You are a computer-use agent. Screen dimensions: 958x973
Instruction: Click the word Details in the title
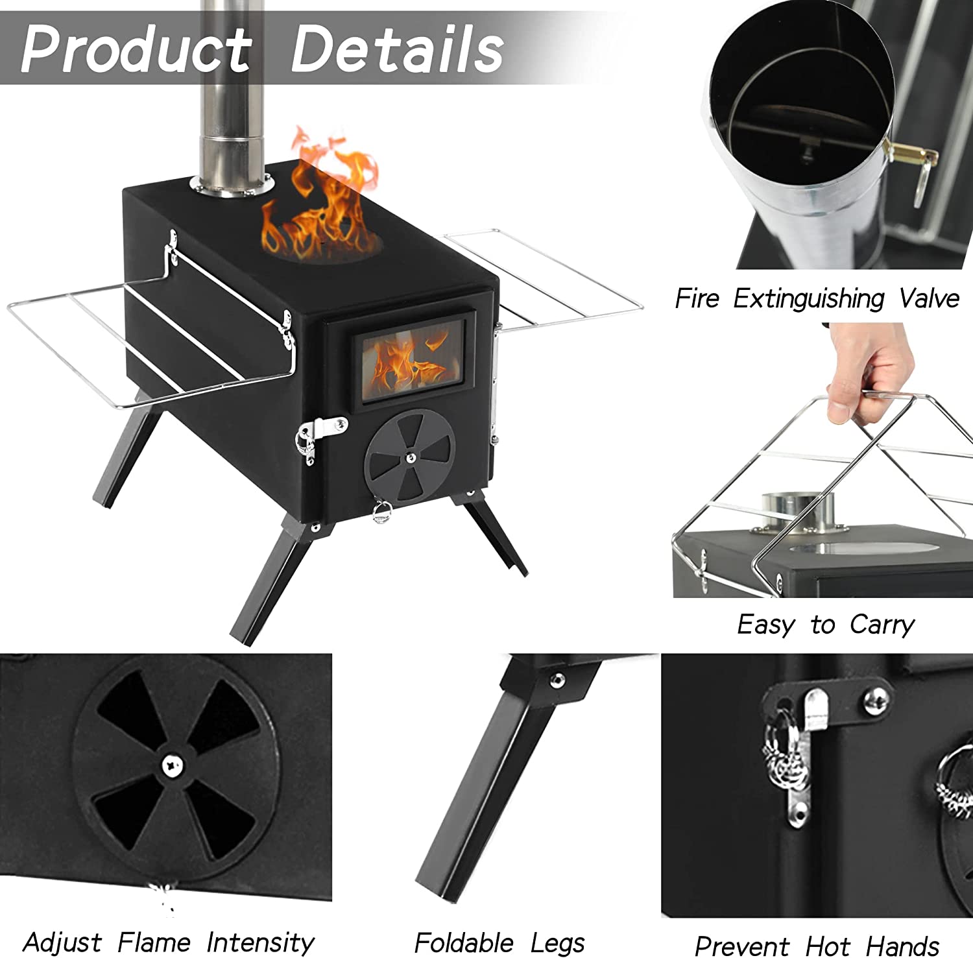396,48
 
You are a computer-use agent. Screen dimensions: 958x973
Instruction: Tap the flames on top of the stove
321,208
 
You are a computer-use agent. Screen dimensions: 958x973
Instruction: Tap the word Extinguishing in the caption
808,299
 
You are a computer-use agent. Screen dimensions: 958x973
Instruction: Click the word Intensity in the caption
260,942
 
